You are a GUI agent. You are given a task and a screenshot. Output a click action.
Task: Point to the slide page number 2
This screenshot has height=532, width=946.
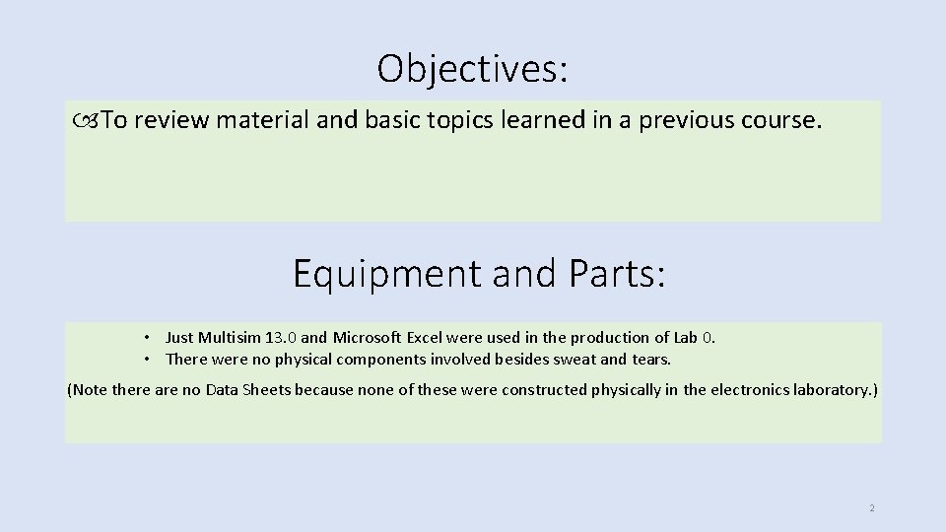tap(871, 508)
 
